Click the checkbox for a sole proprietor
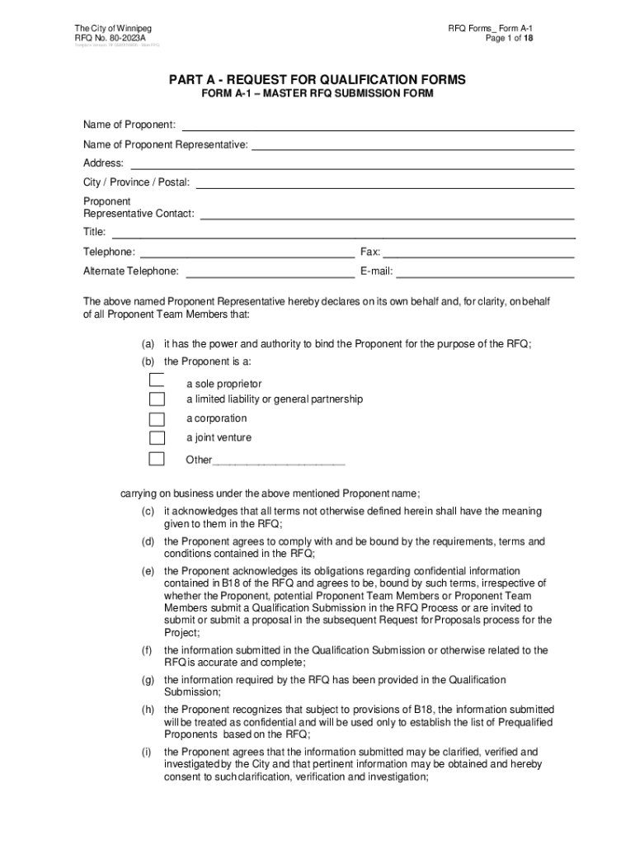157,380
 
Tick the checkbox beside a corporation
157,418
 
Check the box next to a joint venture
157,437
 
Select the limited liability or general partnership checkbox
157,399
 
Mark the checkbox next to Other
157,459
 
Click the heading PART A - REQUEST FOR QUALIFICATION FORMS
317,80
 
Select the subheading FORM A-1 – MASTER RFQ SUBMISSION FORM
317,95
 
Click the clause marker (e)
148,571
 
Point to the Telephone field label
109,252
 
